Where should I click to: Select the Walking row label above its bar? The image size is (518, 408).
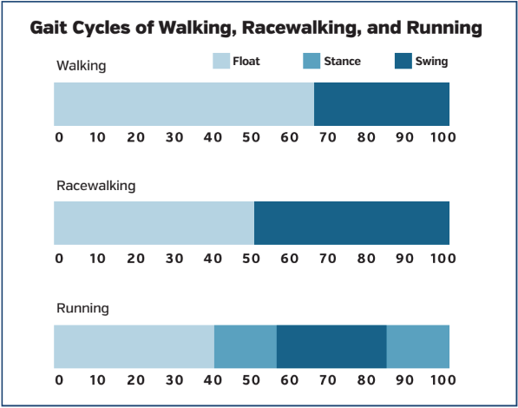pos(81,66)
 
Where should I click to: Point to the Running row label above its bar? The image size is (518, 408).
pos(82,308)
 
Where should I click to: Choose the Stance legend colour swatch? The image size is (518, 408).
pos(311,62)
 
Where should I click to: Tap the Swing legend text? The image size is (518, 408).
pos(431,62)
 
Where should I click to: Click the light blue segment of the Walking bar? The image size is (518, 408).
pos(183,104)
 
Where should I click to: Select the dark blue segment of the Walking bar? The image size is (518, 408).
pos(381,104)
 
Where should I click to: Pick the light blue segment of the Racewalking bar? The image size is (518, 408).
pos(154,223)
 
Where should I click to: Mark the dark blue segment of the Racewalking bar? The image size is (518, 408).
pos(351,223)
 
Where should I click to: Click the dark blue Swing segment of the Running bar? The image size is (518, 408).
pos(331,346)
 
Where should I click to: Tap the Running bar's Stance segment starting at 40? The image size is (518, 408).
pos(245,346)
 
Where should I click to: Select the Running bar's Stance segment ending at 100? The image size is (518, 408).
pos(417,346)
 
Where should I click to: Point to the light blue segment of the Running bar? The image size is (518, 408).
pos(134,346)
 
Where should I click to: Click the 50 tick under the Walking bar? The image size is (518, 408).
pos(251,136)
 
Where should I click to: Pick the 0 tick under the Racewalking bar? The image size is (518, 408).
pos(59,257)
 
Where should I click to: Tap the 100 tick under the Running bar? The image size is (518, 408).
pos(442,380)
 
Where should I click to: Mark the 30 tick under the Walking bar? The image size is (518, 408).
pos(174,136)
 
